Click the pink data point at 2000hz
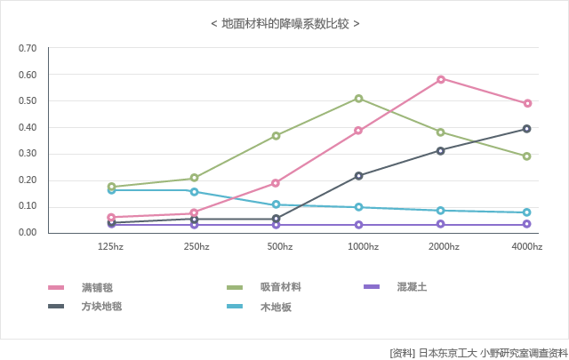click(441, 79)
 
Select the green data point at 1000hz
click(358, 99)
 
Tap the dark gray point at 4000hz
click(526, 129)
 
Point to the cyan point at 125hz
click(111, 190)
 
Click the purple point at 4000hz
click(526, 224)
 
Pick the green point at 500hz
click(276, 136)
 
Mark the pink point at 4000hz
click(527, 103)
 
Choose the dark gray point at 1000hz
click(358, 176)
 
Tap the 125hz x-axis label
click(110, 246)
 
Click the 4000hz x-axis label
click(526, 246)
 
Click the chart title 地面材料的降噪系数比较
click(284, 23)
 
